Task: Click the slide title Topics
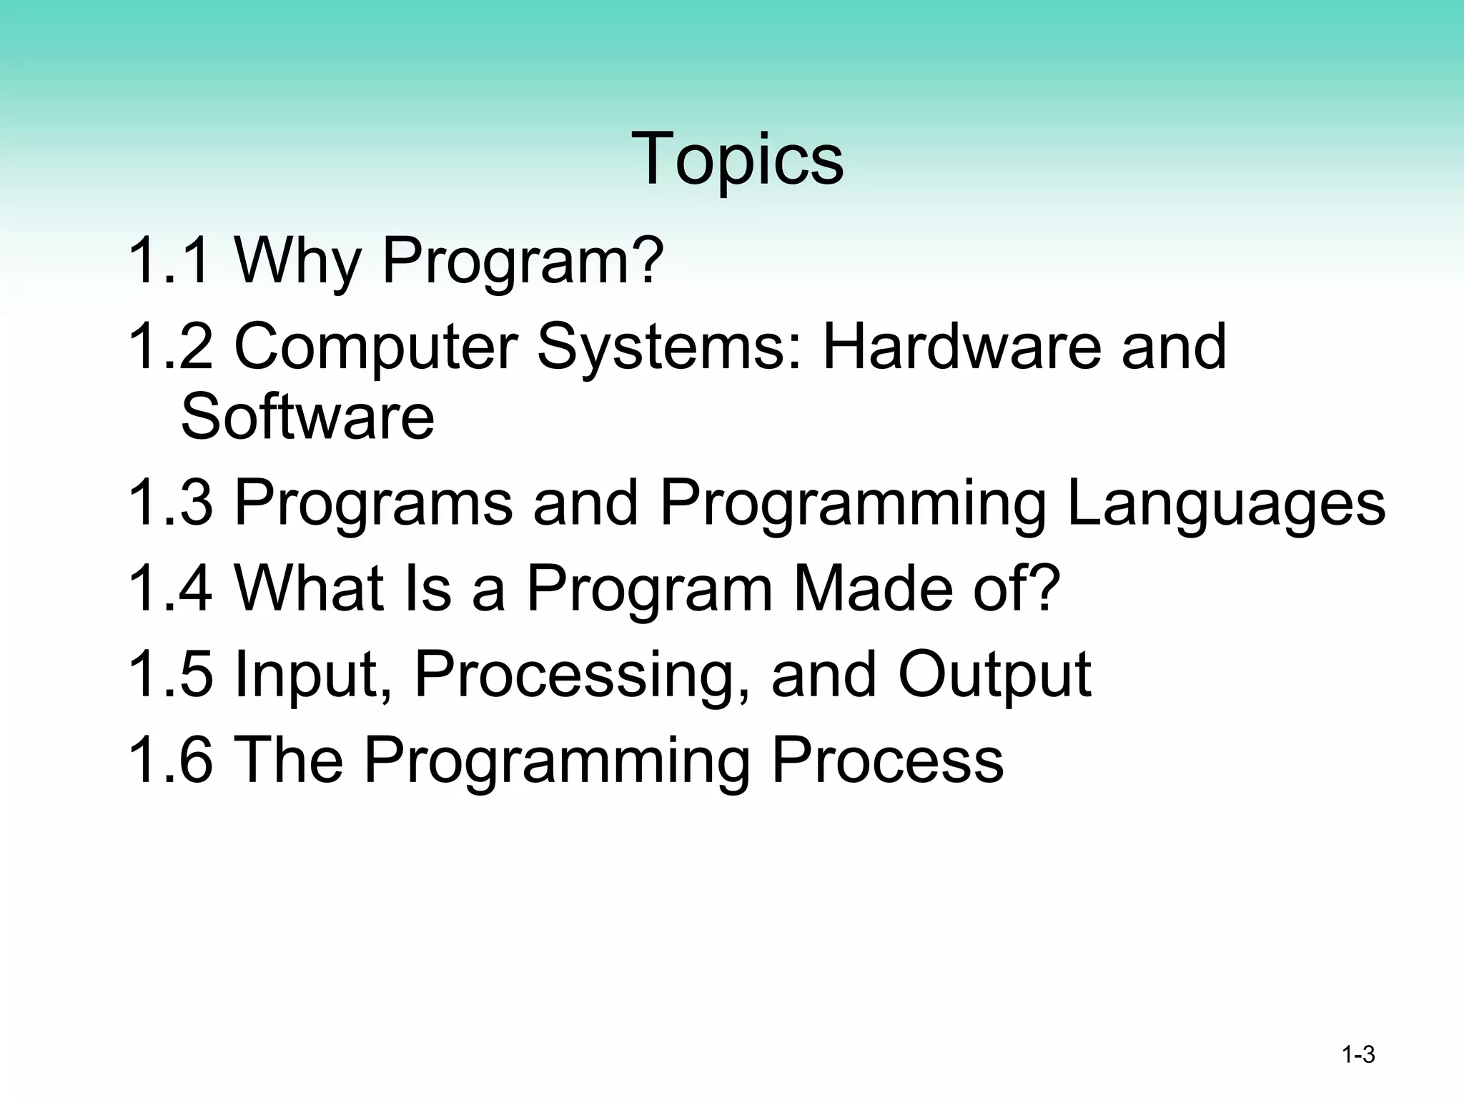click(737, 159)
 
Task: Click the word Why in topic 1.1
click(298, 261)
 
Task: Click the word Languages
click(1225, 503)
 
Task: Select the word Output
click(994, 675)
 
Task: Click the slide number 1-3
click(1357, 1055)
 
